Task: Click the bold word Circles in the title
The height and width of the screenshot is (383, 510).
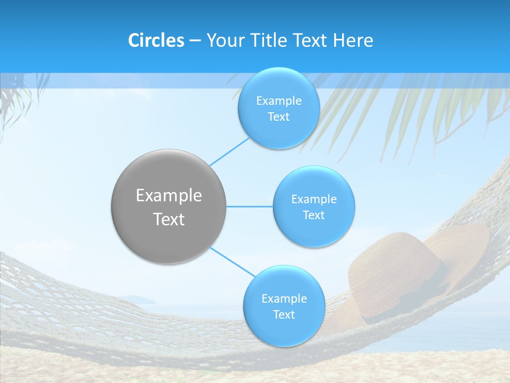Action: coord(156,40)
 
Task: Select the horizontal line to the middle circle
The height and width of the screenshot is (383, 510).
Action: coord(250,206)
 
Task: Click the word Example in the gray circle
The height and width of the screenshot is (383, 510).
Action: coord(169,196)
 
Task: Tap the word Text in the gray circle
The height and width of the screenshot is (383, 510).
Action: coord(169,219)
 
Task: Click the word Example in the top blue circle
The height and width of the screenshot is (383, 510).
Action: coord(279,101)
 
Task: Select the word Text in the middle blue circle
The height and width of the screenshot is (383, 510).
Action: coord(313,215)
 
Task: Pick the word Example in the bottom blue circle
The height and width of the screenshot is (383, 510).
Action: coord(284,299)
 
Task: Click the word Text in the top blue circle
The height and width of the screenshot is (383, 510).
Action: coord(278,117)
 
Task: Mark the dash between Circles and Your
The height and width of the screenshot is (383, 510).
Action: coord(195,41)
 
